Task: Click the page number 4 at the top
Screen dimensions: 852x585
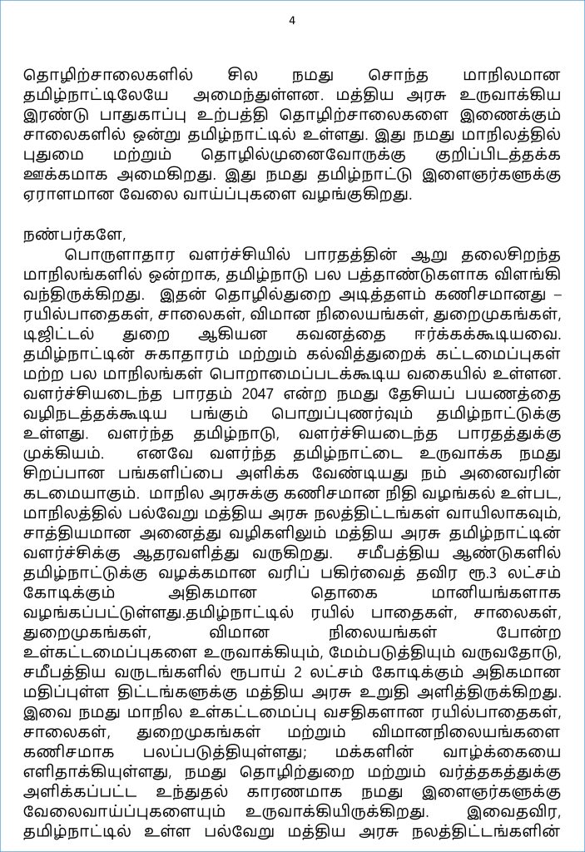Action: (x=292, y=21)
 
